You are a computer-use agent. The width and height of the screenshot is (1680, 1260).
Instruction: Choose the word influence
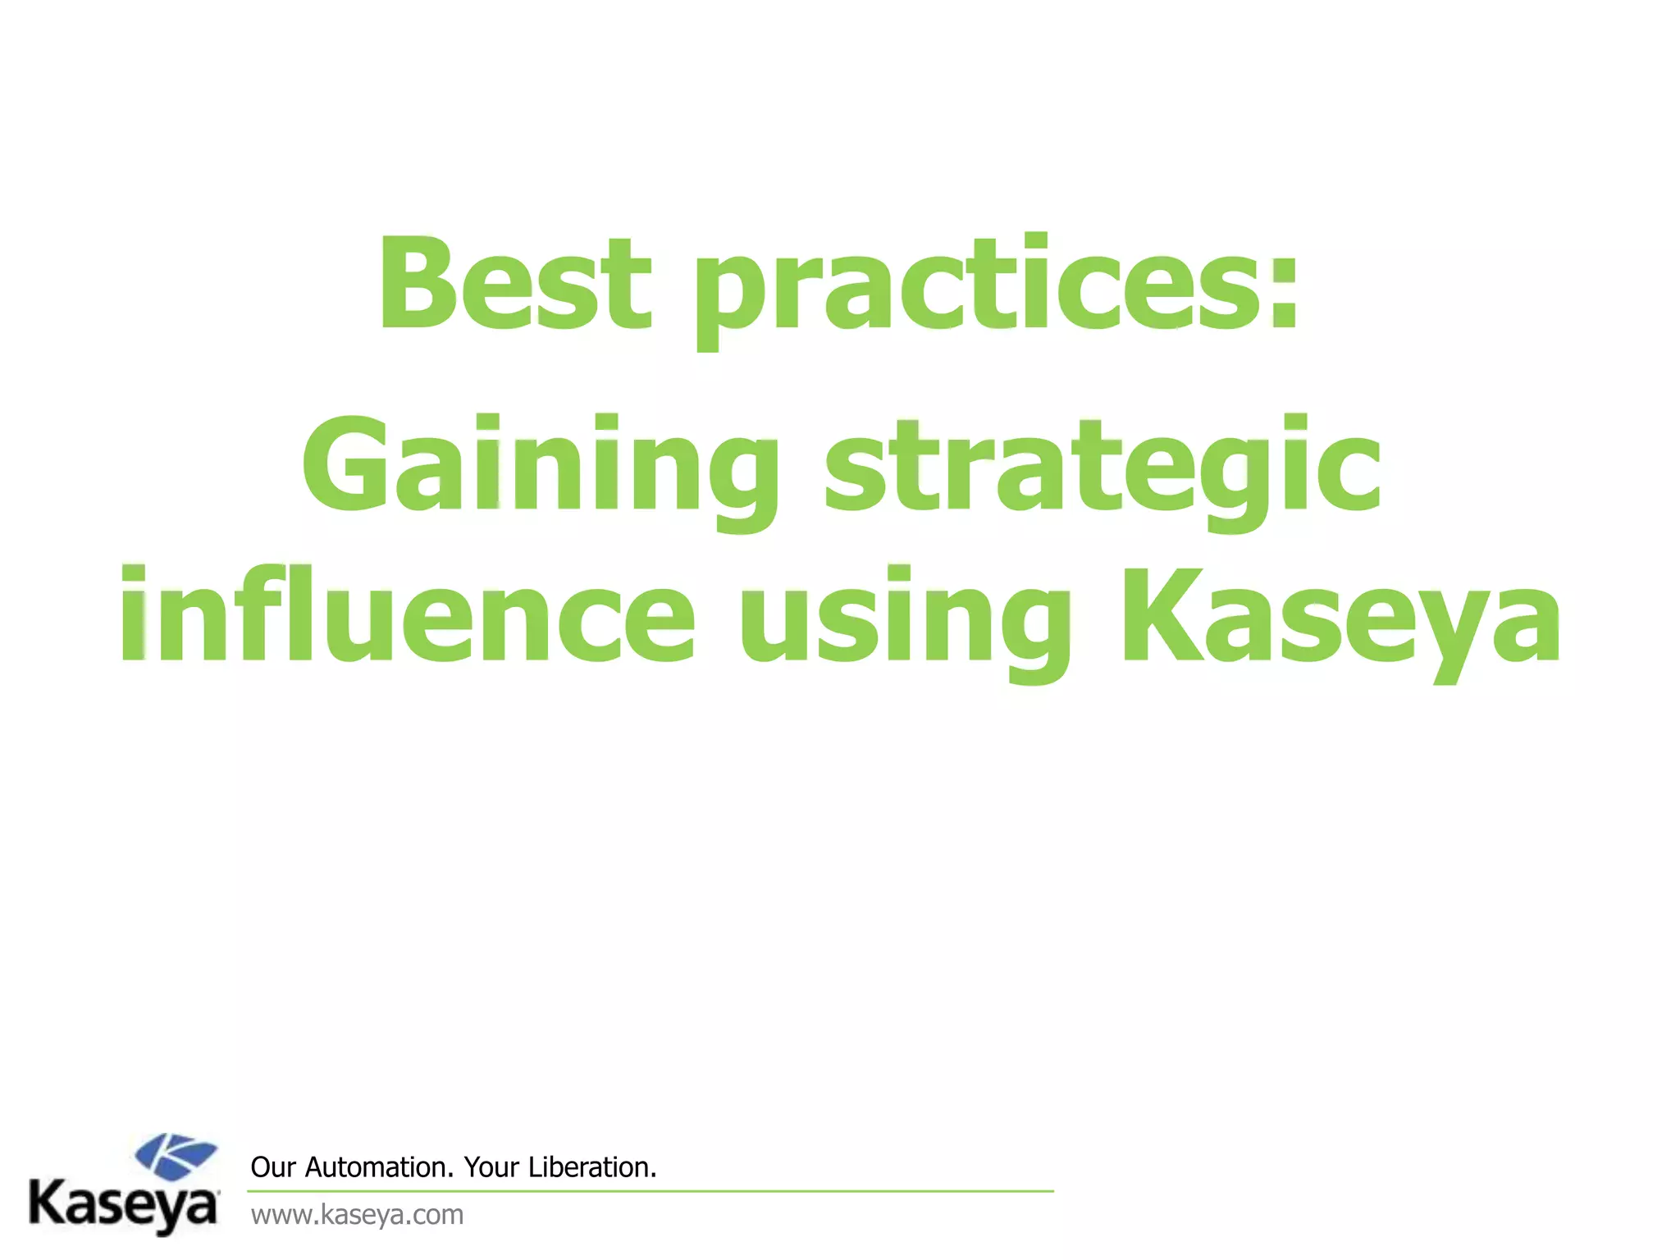(x=408, y=615)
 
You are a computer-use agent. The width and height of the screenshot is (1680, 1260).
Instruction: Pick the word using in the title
(x=905, y=619)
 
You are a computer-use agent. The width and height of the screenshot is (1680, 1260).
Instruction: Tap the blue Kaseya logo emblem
(x=176, y=1155)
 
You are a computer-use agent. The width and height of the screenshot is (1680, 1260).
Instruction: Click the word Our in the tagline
(x=272, y=1167)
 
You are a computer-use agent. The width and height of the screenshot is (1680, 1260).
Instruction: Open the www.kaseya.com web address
(x=357, y=1215)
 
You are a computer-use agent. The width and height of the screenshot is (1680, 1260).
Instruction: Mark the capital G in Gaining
(x=343, y=463)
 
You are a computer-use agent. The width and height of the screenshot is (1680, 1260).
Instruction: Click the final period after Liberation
(x=654, y=1176)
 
